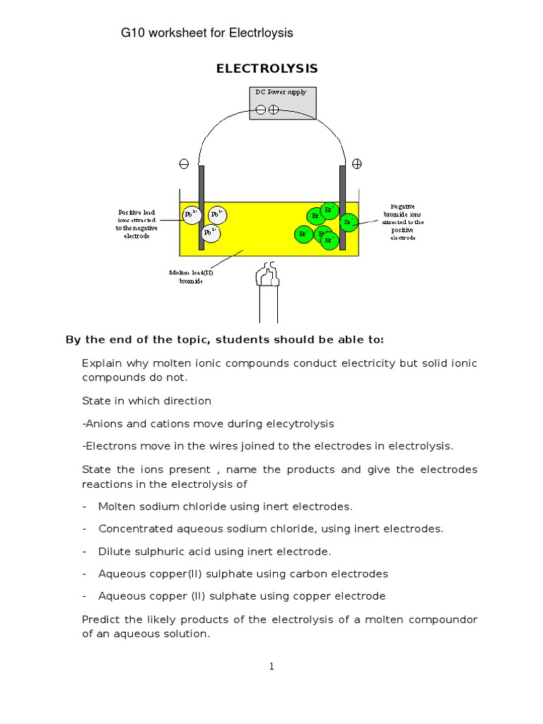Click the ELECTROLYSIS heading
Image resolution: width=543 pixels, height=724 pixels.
pyautogui.click(x=267, y=69)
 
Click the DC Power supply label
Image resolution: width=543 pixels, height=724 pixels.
pyautogui.click(x=281, y=92)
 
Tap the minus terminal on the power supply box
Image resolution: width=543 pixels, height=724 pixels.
pyautogui.click(x=260, y=110)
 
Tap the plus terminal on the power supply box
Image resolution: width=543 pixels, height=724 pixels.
pyautogui.click(x=274, y=110)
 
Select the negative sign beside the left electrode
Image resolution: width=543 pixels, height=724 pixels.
pyautogui.click(x=184, y=163)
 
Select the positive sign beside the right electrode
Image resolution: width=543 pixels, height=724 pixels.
pyautogui.click(x=357, y=163)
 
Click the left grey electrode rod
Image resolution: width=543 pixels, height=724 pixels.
pyautogui.click(x=202, y=205)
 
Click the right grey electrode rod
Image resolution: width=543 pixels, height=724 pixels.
pyautogui.click(x=343, y=205)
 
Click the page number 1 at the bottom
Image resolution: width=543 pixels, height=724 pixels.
pyautogui.click(x=271, y=666)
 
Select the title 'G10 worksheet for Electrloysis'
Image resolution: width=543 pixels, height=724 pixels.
pyautogui.click(x=207, y=33)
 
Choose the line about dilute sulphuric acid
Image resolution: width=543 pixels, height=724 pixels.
pyautogui.click(x=214, y=551)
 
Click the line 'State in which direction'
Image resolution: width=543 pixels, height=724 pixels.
pyautogui.click(x=146, y=401)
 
